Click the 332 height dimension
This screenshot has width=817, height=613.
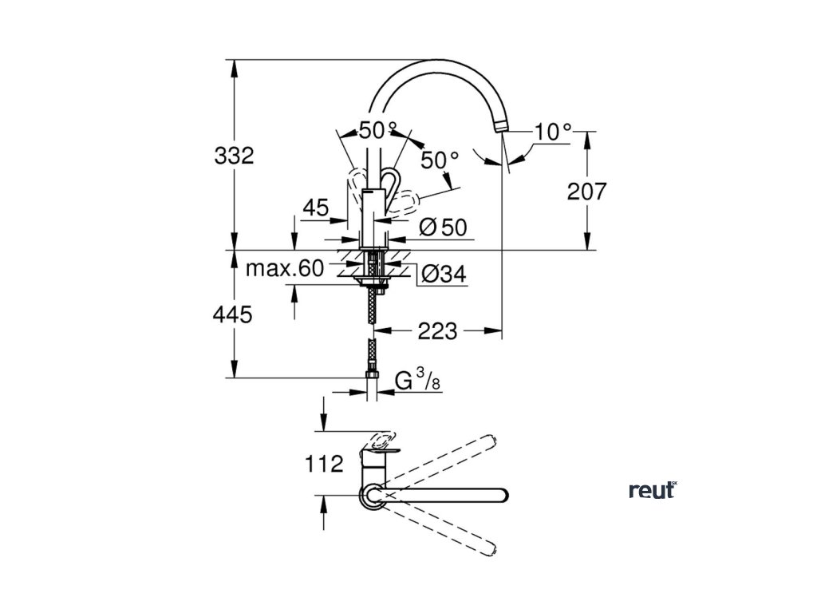234,156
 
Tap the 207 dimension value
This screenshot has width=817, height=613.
586,191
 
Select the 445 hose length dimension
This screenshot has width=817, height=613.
233,315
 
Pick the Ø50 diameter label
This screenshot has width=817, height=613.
442,227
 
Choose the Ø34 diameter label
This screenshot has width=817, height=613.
442,275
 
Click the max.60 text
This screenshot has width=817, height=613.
284,269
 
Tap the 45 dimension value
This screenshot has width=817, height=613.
316,208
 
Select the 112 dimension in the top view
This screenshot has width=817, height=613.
323,463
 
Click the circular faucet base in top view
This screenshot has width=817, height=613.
372,495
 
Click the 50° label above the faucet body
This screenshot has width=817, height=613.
377,130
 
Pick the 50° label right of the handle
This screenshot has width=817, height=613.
440,160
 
